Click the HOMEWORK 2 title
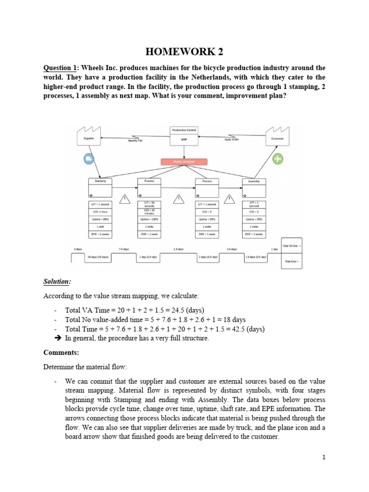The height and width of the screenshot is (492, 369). click(x=184, y=51)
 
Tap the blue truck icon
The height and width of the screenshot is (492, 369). click(x=88, y=159)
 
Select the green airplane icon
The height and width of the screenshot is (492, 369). click(x=278, y=159)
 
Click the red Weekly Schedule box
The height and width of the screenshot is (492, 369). click(x=184, y=162)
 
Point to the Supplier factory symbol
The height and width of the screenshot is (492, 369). click(x=89, y=136)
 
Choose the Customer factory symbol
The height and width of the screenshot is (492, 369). click(x=278, y=136)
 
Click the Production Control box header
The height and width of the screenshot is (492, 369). click(x=184, y=130)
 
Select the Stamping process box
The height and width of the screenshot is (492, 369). click(x=100, y=188)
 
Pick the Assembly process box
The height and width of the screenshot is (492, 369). click(x=254, y=188)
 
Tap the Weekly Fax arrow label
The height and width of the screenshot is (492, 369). click(x=135, y=140)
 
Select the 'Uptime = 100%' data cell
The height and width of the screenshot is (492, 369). click(x=149, y=219)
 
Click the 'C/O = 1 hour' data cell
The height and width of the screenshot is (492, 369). click(x=100, y=211)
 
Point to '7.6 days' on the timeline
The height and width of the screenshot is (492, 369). click(x=123, y=249)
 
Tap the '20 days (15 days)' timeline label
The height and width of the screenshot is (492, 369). click(x=98, y=258)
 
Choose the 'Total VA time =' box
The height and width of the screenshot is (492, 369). click(x=291, y=246)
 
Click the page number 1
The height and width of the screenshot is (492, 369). click(x=324, y=457)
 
